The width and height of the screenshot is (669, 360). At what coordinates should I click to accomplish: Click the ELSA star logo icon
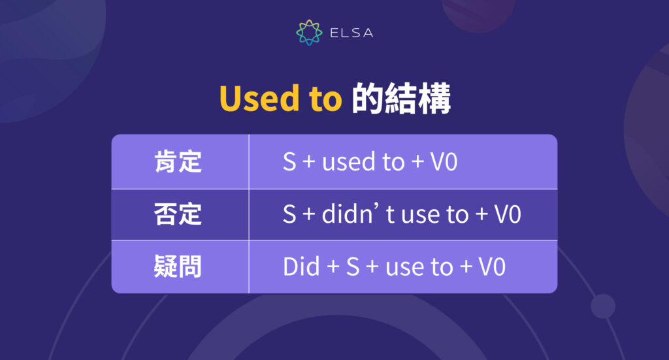tap(309, 32)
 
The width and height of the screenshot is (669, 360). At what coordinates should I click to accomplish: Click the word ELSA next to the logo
tap(350, 32)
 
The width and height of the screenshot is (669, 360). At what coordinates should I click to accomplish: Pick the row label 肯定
tap(178, 162)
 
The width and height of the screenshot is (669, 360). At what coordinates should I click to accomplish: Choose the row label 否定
tap(178, 214)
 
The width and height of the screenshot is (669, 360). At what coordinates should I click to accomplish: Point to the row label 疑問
tap(178, 267)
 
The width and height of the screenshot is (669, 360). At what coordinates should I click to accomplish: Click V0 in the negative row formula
tap(507, 214)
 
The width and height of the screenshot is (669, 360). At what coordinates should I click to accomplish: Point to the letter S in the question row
tap(353, 267)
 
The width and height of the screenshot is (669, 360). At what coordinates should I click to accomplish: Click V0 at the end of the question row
tap(492, 267)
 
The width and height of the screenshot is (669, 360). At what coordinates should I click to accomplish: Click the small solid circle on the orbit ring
tap(602, 306)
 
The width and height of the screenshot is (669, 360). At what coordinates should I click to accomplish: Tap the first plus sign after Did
tap(329, 267)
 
